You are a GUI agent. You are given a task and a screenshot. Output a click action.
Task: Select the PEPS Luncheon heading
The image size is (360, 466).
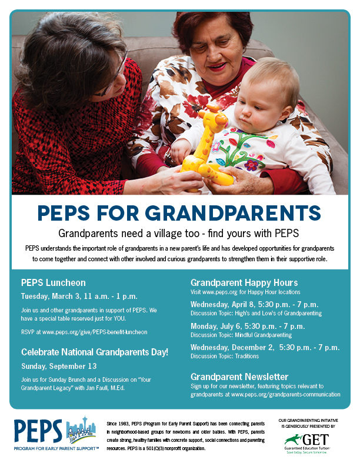point(53,282)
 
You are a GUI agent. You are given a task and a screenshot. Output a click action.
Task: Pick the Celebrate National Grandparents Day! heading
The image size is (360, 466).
point(95,352)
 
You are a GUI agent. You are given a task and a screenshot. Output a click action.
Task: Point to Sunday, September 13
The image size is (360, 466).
point(59,365)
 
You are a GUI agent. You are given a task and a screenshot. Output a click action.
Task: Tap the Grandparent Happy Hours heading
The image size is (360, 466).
point(244,282)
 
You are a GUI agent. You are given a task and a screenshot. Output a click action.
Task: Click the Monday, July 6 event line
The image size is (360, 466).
point(248,325)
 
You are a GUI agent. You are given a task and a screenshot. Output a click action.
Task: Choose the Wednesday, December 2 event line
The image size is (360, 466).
point(265,347)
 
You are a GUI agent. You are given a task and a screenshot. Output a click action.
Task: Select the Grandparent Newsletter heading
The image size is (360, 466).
point(239,376)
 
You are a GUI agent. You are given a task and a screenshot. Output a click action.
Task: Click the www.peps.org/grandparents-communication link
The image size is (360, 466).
point(286,394)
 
